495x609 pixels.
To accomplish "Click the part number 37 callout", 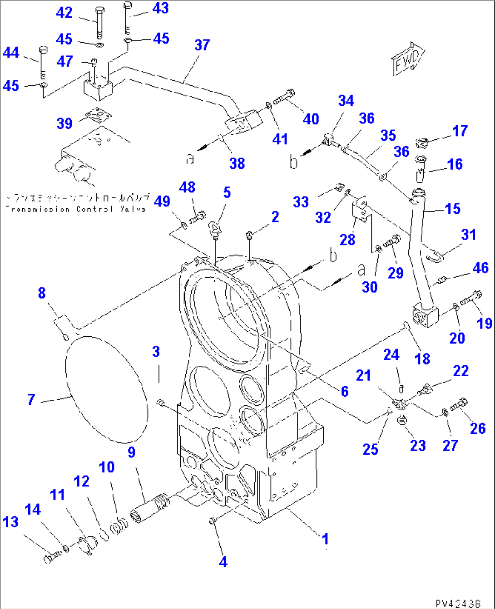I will [202, 45].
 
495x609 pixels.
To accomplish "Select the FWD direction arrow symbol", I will [407, 59].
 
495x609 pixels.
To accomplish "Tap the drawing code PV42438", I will [457, 603].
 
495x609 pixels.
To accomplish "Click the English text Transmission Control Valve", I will [75, 209].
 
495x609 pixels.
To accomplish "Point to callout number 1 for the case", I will [325, 539].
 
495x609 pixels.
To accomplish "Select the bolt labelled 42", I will [99, 23].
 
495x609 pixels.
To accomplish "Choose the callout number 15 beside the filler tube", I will [452, 209].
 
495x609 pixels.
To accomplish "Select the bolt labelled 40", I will [285, 97].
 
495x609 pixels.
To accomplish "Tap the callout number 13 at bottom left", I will [10, 522].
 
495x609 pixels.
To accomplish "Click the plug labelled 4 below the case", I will [212, 521].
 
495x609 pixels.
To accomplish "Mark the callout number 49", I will [162, 201].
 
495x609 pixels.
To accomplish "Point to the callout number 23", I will [418, 445].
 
